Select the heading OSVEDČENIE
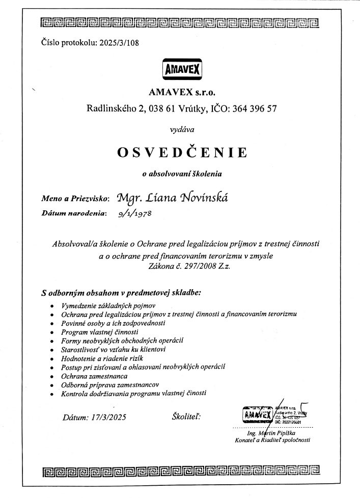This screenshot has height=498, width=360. [x=182, y=152]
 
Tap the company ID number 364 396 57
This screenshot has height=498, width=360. [x=253, y=108]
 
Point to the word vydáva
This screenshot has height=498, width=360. [x=182, y=130]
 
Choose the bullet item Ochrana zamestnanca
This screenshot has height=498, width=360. [x=94, y=375]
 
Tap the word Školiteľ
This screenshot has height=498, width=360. [x=187, y=417]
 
